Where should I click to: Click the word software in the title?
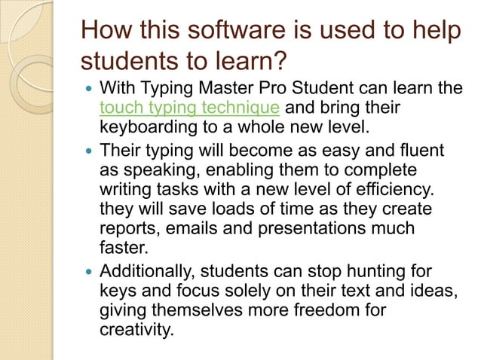coord(224,32)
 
